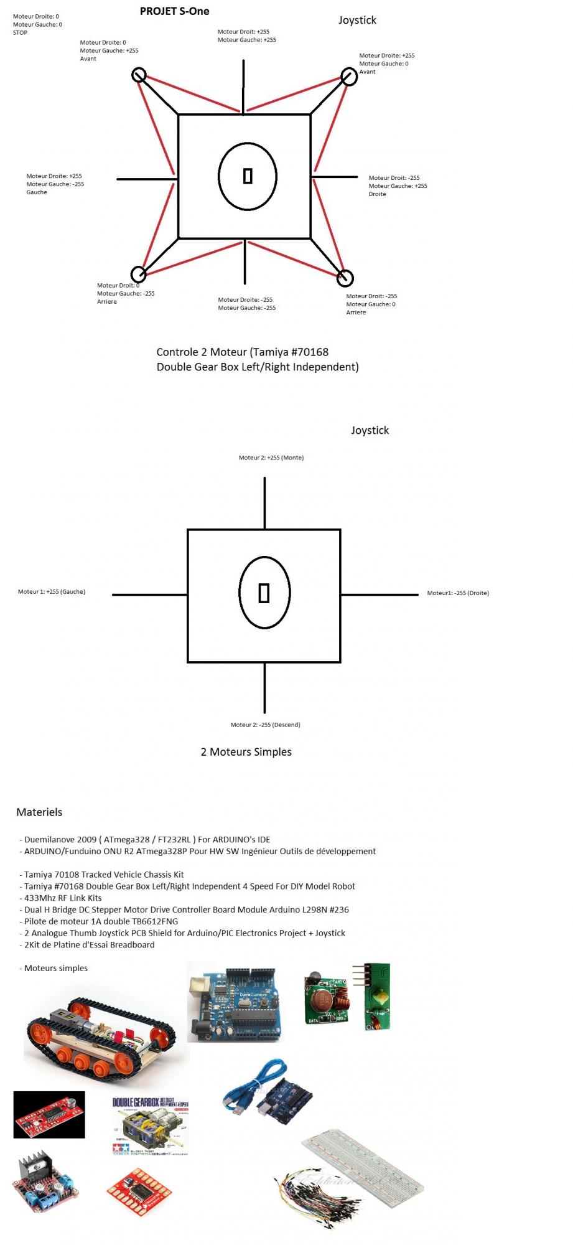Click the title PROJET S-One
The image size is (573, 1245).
coord(174,11)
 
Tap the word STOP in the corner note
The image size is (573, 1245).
coord(20,33)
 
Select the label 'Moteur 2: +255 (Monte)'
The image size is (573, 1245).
coord(271,458)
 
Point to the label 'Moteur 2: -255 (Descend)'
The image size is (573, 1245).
coord(265,725)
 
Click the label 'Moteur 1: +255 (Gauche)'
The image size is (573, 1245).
coord(51,592)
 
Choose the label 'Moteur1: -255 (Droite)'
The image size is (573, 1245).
coord(458,593)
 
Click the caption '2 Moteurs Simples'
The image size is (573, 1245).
coord(246,752)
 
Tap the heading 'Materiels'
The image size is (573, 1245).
coord(39,812)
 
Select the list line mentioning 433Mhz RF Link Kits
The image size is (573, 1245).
coord(62,898)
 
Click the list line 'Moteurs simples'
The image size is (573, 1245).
coord(55,968)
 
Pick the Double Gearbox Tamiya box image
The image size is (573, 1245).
coord(151,1127)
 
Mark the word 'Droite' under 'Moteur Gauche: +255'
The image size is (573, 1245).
coord(377,194)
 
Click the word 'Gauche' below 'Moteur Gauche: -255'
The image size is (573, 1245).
coord(37,192)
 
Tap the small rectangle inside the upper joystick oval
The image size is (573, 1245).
coord(248,176)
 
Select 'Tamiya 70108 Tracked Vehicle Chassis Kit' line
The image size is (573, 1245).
coord(103,875)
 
